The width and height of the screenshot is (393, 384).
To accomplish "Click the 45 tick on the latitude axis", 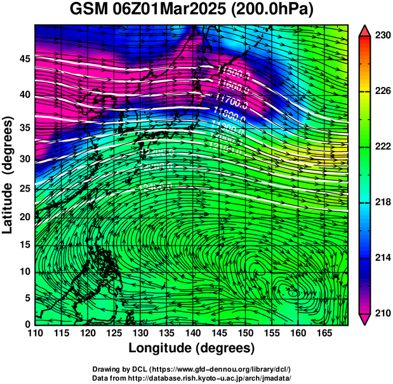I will click(25, 58).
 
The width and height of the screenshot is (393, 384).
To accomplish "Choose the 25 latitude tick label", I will click(25, 189).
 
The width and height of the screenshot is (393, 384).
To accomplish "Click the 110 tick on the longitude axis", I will click(35, 333).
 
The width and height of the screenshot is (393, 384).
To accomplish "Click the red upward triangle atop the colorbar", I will click(365, 29).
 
